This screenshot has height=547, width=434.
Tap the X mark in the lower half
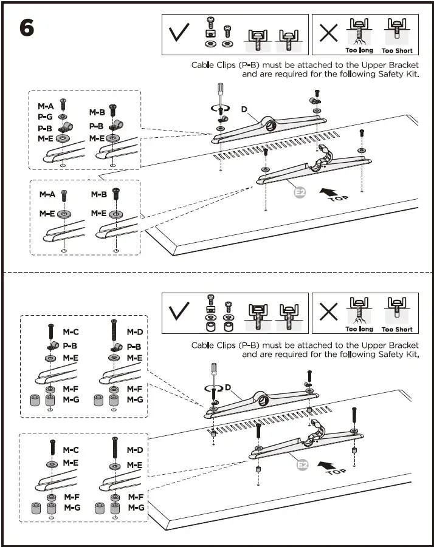point(328,312)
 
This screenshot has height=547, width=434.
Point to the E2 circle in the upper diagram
point(299,193)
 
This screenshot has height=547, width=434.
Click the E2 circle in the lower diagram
point(302,465)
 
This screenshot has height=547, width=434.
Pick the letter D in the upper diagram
point(244,110)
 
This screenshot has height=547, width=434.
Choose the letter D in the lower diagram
point(227,387)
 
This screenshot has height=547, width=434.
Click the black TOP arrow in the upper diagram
point(328,194)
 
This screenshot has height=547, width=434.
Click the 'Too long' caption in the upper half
point(359,51)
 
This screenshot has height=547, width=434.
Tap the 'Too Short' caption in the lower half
point(397,330)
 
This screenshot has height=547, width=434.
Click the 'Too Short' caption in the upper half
point(397,51)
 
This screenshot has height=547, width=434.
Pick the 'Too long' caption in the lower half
point(359,330)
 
